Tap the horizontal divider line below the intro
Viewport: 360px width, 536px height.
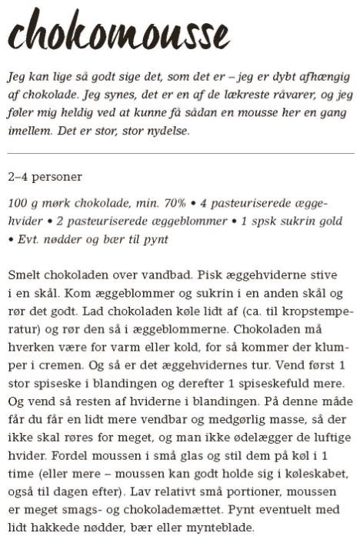(180, 155)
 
